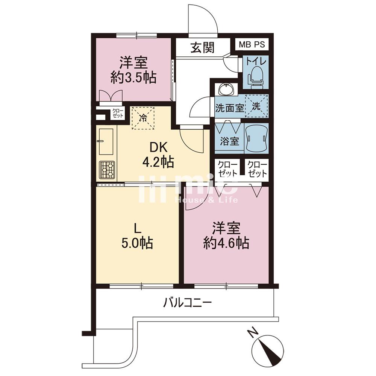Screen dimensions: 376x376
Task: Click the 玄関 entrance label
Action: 203,47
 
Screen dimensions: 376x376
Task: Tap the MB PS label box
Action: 252,44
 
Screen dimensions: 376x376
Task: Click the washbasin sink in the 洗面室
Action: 226,89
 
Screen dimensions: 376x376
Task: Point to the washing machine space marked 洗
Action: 256,106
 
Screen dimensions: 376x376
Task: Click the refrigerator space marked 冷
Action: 143,118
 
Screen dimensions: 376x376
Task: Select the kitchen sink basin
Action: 106,142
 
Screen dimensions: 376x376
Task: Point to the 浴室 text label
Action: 229,141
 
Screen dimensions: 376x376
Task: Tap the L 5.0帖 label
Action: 137,236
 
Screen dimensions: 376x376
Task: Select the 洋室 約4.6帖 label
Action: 226,236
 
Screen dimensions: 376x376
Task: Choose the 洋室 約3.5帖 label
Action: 133,70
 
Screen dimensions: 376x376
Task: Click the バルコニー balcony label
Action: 187,303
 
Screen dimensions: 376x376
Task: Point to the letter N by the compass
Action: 253,333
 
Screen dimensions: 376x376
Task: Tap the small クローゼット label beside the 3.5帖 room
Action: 118,113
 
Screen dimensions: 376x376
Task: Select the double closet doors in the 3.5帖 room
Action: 111,96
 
